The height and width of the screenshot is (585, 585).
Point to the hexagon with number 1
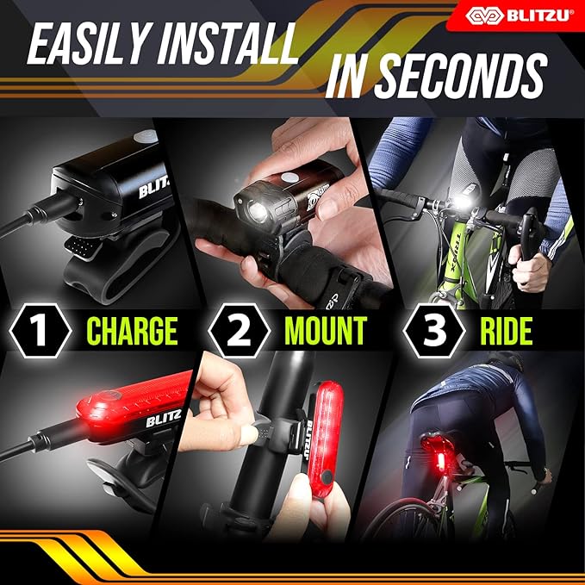pyautogui.click(x=36, y=331)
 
